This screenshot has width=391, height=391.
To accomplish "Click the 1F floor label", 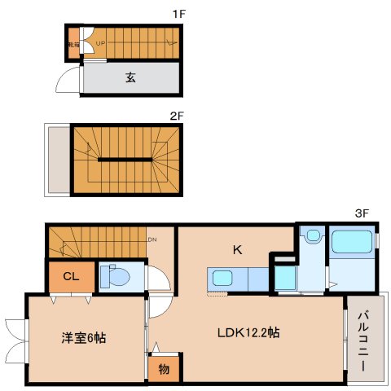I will (x=176, y=13).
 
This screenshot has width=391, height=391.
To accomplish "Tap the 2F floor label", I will (x=176, y=116).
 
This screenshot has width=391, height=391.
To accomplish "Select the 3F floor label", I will (x=362, y=213).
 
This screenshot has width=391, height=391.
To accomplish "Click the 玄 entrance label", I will (x=130, y=78).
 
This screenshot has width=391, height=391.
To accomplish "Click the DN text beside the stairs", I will (x=152, y=239).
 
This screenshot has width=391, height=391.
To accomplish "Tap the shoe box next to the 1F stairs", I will (x=72, y=46).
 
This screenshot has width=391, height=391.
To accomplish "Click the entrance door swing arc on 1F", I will (x=64, y=81).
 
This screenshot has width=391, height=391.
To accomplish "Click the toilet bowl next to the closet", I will (x=119, y=278).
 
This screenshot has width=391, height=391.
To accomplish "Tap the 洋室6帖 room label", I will (x=84, y=337).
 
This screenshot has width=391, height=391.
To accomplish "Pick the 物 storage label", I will (x=164, y=368).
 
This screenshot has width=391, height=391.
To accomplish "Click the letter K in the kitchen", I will (x=238, y=250).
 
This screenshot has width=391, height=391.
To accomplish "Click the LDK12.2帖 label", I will (x=248, y=332).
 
